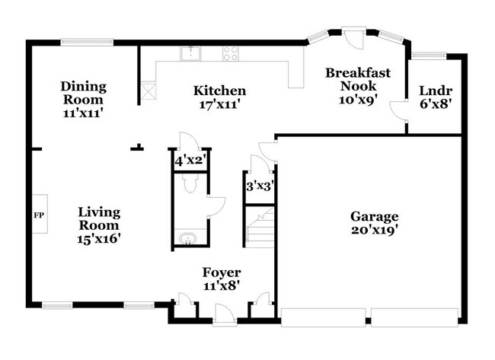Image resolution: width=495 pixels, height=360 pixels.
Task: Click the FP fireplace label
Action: [39, 215]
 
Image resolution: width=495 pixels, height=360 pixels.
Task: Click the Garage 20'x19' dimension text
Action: [373, 228]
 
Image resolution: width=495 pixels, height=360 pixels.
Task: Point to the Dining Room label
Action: [84, 93]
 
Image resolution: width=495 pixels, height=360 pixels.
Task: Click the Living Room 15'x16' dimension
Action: [99, 238]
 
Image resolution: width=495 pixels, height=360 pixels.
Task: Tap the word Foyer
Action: [222, 272]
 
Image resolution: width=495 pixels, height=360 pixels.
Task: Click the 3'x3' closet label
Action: [260, 184]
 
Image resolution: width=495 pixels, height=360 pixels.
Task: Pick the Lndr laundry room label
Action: [436, 93]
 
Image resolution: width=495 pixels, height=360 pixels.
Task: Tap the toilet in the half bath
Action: [190, 186]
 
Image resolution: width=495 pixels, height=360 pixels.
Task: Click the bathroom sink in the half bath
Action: [187, 240]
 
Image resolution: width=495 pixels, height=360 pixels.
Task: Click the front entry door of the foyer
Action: [225, 312]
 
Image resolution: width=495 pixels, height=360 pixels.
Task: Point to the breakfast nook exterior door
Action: [353, 36]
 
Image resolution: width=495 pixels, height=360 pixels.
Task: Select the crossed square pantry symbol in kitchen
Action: [147, 92]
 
